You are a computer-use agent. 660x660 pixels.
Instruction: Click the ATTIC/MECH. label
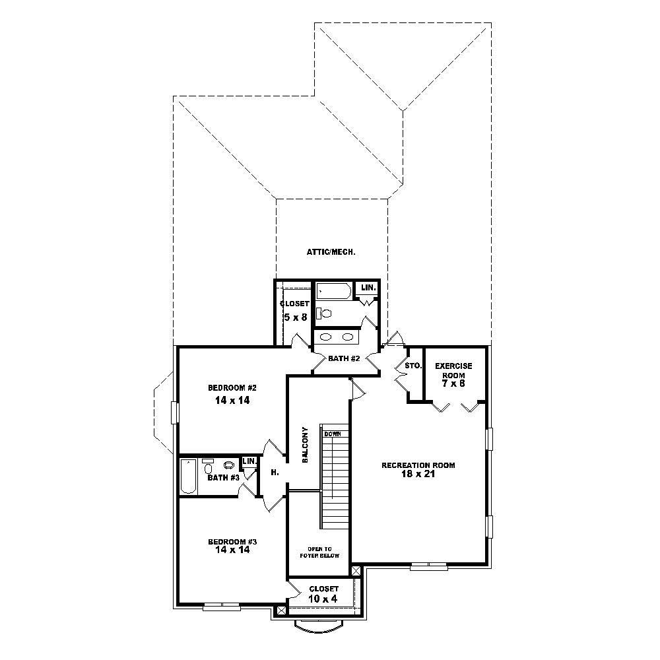[x=331, y=251]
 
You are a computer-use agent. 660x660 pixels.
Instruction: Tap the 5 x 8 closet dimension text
[x=294, y=317]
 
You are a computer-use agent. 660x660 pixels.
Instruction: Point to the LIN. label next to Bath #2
[x=368, y=288]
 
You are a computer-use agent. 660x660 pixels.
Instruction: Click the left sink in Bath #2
[x=325, y=337]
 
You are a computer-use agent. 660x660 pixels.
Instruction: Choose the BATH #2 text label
[x=343, y=359]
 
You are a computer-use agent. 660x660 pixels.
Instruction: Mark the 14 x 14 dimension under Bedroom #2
[x=231, y=400]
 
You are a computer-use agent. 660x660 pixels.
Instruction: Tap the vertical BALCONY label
[x=305, y=444]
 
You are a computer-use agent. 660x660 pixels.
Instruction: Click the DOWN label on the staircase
[x=332, y=434]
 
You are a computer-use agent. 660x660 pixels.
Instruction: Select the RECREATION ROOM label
[x=418, y=465]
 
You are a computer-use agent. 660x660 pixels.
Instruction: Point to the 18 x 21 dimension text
[x=418, y=475]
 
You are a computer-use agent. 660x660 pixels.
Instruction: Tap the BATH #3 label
[x=218, y=477]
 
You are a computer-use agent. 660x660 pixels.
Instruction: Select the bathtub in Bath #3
[x=188, y=477]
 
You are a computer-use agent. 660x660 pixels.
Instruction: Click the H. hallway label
[x=274, y=473]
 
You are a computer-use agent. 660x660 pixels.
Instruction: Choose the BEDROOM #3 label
[x=232, y=541]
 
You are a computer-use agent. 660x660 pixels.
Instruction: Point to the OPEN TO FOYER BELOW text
[x=323, y=552]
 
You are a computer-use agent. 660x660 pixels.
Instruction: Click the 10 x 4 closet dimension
[x=323, y=599]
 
